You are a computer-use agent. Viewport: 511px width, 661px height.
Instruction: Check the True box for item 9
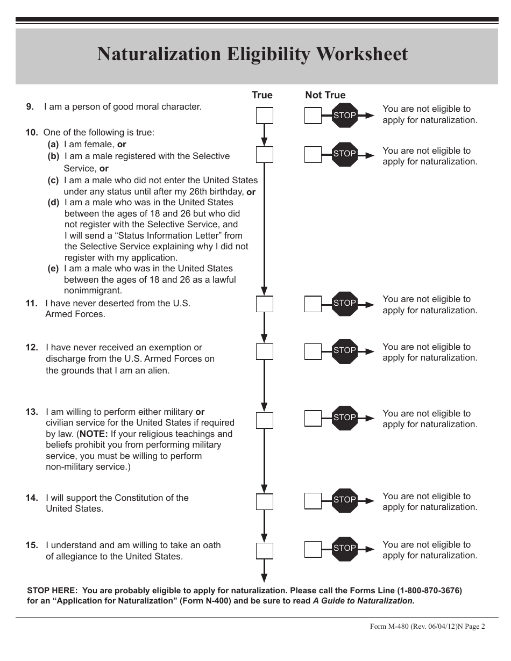[x=265, y=116]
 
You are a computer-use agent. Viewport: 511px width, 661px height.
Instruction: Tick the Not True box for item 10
[x=313, y=155]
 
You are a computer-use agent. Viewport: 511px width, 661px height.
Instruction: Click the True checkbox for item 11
[x=265, y=304]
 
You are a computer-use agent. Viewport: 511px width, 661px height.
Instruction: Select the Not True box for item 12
[x=313, y=351]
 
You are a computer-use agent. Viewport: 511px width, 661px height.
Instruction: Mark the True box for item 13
[x=265, y=420]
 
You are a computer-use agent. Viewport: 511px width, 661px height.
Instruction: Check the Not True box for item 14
[x=313, y=501]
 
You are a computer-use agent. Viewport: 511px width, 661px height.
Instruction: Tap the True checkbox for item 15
[x=265, y=551]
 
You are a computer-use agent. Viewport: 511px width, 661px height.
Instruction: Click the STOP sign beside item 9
[x=345, y=115]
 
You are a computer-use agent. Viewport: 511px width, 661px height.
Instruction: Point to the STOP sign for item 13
[x=345, y=418]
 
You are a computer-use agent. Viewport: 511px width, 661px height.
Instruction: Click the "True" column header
[x=262, y=95]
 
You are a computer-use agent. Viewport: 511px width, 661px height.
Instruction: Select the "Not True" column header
[x=325, y=95]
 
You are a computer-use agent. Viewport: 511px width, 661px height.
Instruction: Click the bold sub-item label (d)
[x=53, y=203]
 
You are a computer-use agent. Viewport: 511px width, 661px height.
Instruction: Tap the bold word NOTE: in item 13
[x=94, y=434]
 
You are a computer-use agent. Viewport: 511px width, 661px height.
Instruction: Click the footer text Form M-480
[x=389, y=627]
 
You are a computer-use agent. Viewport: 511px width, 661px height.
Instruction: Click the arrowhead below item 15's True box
[x=265, y=578]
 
